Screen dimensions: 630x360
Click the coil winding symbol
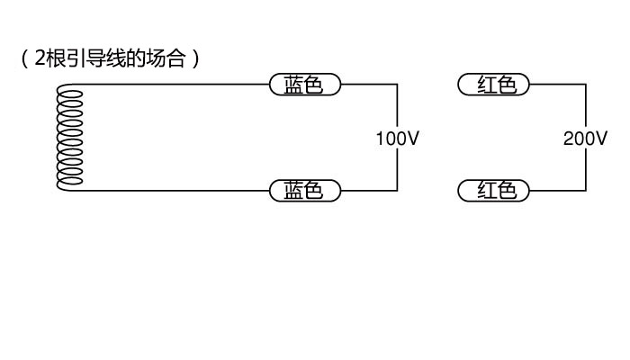pyautogui.click(x=70, y=138)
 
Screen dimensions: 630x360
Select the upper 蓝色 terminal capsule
pyautogui.click(x=305, y=85)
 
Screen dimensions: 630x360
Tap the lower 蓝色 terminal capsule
pyautogui.click(x=305, y=191)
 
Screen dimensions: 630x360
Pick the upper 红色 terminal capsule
pyautogui.click(x=494, y=85)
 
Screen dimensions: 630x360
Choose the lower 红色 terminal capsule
pyautogui.click(x=494, y=191)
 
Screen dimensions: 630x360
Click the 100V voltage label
pyautogui.click(x=398, y=139)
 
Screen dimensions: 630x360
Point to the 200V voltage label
pyautogui.click(x=585, y=139)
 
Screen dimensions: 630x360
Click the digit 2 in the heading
pyautogui.click(x=40, y=58)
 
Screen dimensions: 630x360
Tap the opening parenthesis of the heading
pyautogui.click(x=24, y=59)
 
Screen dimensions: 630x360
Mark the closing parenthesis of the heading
pyautogui.click(x=195, y=59)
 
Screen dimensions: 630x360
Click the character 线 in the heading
pyautogui.click(x=115, y=58)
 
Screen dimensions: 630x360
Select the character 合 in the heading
pyautogui.click(x=175, y=58)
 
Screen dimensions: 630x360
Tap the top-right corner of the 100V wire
pyautogui.click(x=398, y=85)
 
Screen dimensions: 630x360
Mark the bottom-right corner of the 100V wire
pyautogui.click(x=398, y=191)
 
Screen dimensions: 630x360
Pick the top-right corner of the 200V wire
pyautogui.click(x=586, y=85)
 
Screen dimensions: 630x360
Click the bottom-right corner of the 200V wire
pyautogui.click(x=586, y=191)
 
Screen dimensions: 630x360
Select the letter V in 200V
pyautogui.click(x=601, y=139)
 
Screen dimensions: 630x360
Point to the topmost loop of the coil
pyautogui.click(x=71, y=94)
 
